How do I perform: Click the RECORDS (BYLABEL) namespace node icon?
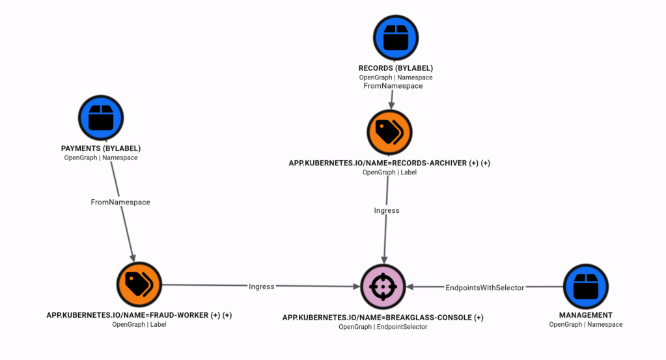(x=396, y=38)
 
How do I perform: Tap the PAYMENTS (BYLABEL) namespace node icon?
(x=101, y=118)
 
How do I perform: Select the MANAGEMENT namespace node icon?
(x=586, y=286)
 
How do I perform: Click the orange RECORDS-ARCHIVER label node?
(x=389, y=132)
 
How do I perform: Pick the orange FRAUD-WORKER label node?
(x=139, y=284)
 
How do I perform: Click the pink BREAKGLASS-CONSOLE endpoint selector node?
(x=383, y=286)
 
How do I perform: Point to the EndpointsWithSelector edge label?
(x=484, y=288)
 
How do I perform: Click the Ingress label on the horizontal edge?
(x=261, y=286)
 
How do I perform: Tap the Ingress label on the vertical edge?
(x=387, y=210)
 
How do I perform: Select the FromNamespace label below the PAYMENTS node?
(x=120, y=202)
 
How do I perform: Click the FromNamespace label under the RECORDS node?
(x=393, y=86)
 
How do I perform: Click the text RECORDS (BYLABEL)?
(x=396, y=68)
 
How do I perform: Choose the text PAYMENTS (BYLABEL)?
(x=101, y=148)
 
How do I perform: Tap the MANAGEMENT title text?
(x=586, y=315)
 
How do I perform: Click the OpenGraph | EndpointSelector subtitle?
(x=383, y=327)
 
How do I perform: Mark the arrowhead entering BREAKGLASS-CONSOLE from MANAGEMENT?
(x=410, y=287)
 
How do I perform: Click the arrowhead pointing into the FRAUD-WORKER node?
(x=133, y=258)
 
